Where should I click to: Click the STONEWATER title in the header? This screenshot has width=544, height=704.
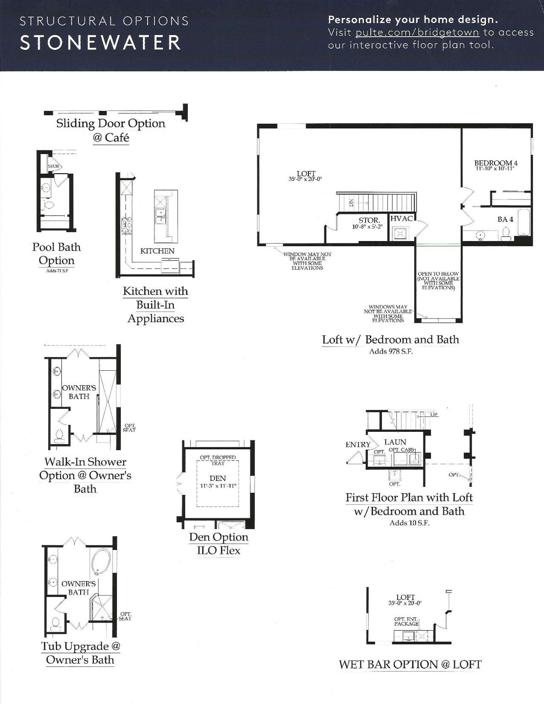click(100, 42)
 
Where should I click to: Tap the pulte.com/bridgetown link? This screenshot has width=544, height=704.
click(417, 33)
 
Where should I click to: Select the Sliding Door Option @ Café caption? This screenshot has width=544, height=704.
click(110, 130)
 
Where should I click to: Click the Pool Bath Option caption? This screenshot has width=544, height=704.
click(56, 253)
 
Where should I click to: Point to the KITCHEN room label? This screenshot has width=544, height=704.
click(157, 251)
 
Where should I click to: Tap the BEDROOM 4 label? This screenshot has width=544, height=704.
click(495, 163)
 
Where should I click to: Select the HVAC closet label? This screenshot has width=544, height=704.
click(401, 219)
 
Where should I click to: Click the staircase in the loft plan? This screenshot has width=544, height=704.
click(376, 202)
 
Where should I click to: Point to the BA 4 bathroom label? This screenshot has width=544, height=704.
click(505, 220)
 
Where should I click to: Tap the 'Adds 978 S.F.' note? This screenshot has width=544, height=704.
click(391, 352)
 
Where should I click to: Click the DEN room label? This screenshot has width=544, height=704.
click(218, 478)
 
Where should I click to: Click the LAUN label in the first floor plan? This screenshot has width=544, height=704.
click(395, 442)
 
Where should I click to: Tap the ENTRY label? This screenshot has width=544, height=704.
click(358, 445)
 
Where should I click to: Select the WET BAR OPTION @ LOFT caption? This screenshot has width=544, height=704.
click(410, 664)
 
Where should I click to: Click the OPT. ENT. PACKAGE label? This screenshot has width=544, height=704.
click(406, 621)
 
